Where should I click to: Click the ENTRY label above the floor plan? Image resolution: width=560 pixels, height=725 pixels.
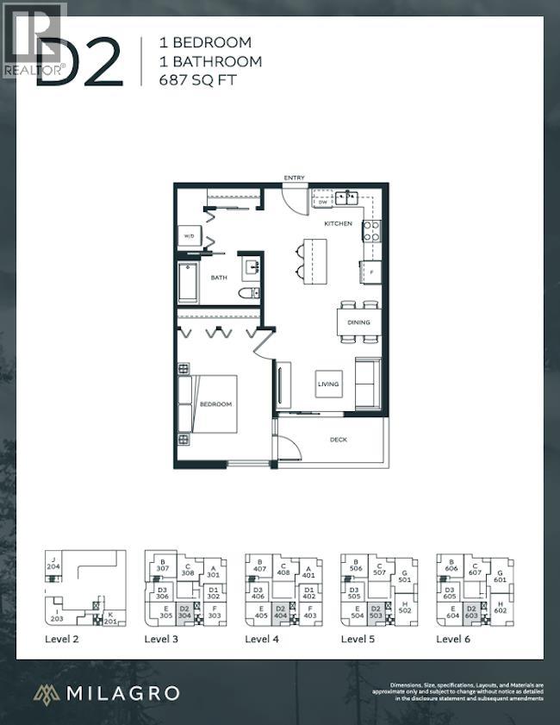(295, 178)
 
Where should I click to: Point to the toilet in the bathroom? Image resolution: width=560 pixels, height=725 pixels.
(253, 295)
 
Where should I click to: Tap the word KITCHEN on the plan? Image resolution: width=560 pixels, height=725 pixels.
(338, 223)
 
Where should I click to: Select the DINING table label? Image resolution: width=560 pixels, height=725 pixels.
(358, 322)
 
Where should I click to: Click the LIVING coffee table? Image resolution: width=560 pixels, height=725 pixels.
(328, 384)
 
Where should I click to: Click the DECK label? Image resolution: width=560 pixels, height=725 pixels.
(338, 439)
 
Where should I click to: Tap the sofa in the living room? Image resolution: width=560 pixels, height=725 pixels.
(368, 383)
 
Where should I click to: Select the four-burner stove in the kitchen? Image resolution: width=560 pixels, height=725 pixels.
(370, 229)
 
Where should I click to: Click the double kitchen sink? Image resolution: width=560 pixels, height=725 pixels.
(347, 197)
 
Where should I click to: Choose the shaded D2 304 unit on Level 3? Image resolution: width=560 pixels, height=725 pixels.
(184, 613)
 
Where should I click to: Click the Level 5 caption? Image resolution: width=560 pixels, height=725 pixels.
(358, 639)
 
